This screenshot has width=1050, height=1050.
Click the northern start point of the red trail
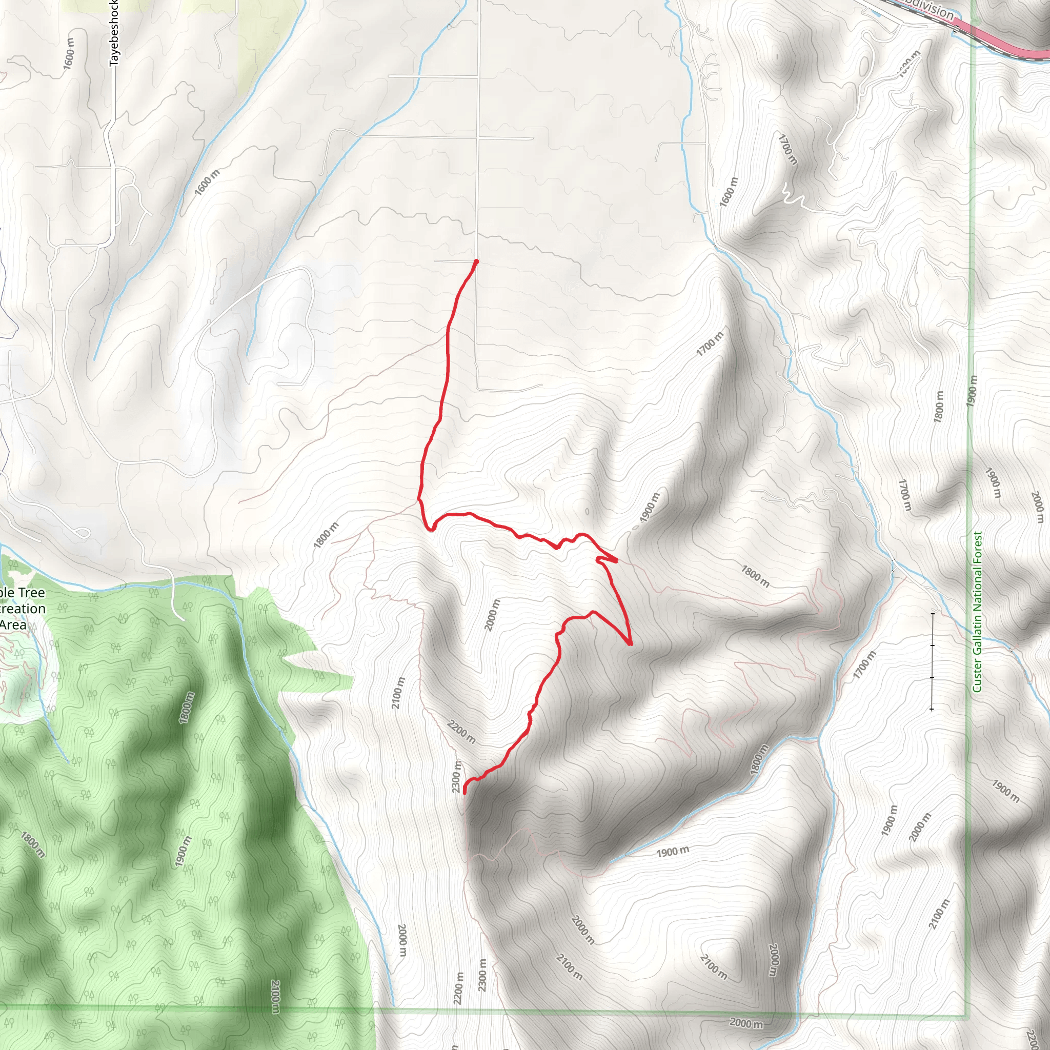click(476, 261)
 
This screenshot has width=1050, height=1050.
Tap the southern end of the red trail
click(465, 793)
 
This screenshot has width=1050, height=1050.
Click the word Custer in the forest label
click(978, 676)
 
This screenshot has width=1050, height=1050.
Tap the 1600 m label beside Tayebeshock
click(69, 53)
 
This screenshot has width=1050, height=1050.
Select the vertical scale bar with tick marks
click(932, 661)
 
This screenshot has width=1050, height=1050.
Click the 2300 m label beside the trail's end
click(457, 777)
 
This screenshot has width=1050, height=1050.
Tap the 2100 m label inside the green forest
click(275, 997)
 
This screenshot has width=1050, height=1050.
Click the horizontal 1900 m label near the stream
click(672, 852)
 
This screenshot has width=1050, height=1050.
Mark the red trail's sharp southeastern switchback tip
click(631, 644)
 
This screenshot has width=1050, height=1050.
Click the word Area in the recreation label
click(13, 624)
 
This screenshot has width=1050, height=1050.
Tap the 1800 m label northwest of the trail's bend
click(326, 535)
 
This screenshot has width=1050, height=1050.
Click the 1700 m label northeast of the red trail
click(710, 344)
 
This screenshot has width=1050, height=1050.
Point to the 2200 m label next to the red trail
click(461, 732)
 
